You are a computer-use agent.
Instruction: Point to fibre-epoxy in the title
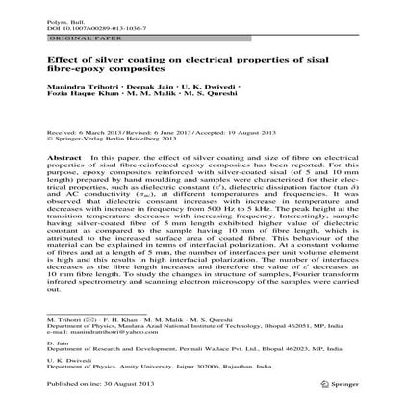(108, 69)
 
